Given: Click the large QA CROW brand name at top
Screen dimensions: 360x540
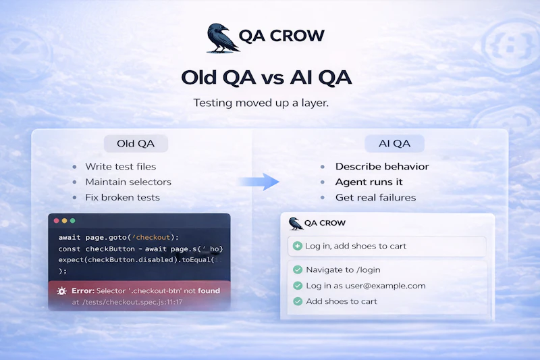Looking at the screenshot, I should pos(281,36).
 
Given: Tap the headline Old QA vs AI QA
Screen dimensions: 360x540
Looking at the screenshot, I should pos(266,77).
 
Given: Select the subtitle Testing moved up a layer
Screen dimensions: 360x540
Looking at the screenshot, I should pos(265,103).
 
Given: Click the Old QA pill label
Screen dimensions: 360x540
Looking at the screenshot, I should pos(136,143).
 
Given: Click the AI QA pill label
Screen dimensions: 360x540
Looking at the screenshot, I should pos(394,143).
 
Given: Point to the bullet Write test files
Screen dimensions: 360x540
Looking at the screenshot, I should pos(120,167).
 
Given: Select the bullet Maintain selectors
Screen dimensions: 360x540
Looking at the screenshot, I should pos(128,182).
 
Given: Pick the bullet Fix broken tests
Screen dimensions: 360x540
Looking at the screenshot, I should pos(122,198).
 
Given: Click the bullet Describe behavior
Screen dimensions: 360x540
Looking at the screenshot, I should pos(382,167).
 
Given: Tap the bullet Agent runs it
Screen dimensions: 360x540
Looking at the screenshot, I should pos(369,182).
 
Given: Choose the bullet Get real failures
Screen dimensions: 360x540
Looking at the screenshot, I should pos(375,198).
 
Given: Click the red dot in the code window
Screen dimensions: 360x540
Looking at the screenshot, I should pos(56,221).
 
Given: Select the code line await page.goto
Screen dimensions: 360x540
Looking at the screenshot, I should pos(118,237).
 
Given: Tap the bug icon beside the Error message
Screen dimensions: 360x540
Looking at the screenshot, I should pos(61,291).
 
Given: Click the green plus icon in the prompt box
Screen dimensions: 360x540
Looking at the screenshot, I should pos(297,246).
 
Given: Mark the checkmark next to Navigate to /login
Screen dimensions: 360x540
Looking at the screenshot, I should pos(297,269).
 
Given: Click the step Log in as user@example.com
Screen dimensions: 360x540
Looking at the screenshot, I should pos(365,286).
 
